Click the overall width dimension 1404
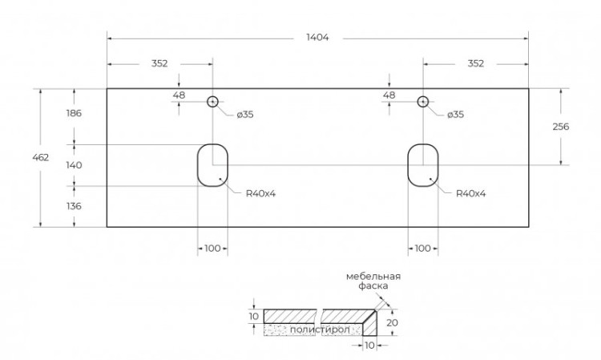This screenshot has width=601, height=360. pyautogui.click(x=317, y=38)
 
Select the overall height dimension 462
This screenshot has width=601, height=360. pyautogui.click(x=41, y=157)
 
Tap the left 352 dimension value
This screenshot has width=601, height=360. pyautogui.click(x=159, y=63)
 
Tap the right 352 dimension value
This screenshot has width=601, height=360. pyautogui.click(x=476, y=63)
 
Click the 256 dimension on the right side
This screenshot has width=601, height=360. pyautogui.click(x=560, y=126)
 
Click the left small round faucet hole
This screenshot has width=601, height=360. pyautogui.click(x=212, y=102)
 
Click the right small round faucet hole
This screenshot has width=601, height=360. pyautogui.click(x=423, y=102)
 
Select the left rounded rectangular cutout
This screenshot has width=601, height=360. pyautogui.click(x=212, y=165)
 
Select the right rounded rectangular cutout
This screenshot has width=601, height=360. pyautogui.click(x=422, y=165)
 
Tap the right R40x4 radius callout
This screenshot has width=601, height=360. pyautogui.click(x=470, y=193)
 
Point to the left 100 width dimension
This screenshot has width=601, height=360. pyautogui.click(x=212, y=249)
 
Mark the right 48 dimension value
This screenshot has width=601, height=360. pyautogui.click(x=389, y=95)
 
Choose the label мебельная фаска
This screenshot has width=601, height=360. pyautogui.click(x=373, y=281)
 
